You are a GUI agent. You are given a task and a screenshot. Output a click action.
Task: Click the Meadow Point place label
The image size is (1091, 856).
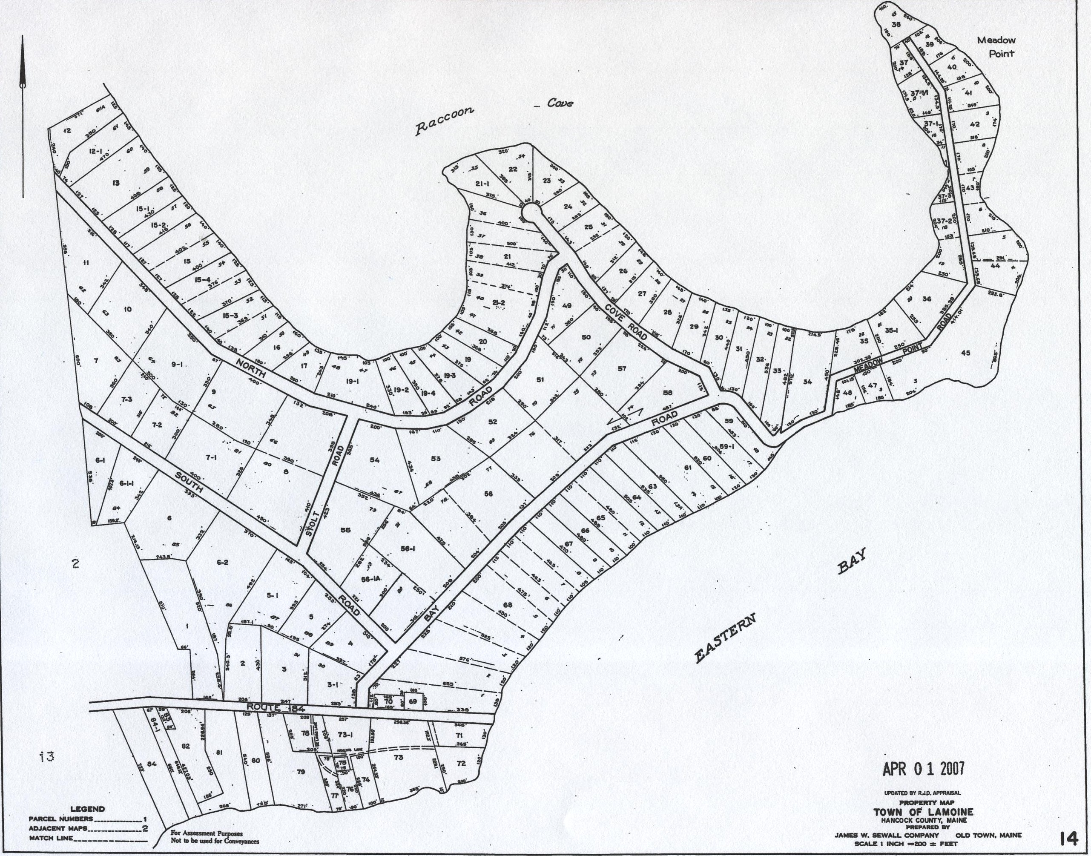click(x=996, y=46)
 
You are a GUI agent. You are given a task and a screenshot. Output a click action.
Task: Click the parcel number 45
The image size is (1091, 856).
click(x=966, y=353)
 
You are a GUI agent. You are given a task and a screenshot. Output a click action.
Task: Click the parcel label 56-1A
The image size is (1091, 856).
click(x=371, y=579)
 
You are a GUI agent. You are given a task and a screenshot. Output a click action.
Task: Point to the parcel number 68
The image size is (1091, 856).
click(x=508, y=606)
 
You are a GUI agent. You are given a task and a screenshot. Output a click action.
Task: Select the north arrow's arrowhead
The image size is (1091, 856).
click(x=23, y=65)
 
